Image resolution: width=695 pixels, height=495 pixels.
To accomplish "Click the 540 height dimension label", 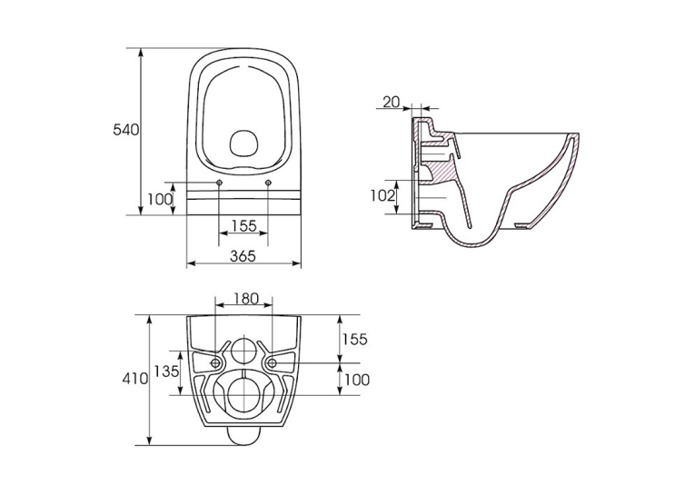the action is pos(126,129).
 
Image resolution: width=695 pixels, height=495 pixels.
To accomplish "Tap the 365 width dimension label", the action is pos(243,256).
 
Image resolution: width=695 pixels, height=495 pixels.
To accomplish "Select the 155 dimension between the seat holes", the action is pos(243,225).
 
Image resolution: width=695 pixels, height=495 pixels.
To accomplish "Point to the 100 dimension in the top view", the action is pos(160,199).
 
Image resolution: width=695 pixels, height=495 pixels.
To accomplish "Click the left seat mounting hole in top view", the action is pos(220,183).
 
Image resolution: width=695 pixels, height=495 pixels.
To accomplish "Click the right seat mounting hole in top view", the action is pos(268,183).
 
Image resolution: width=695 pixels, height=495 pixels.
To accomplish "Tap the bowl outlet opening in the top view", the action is pos(243,144).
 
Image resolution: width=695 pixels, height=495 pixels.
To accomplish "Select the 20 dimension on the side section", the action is pos(391,103).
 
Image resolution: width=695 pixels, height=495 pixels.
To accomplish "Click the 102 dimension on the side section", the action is pos(384,195).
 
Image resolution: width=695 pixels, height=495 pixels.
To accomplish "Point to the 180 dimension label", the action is pos(243,298).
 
